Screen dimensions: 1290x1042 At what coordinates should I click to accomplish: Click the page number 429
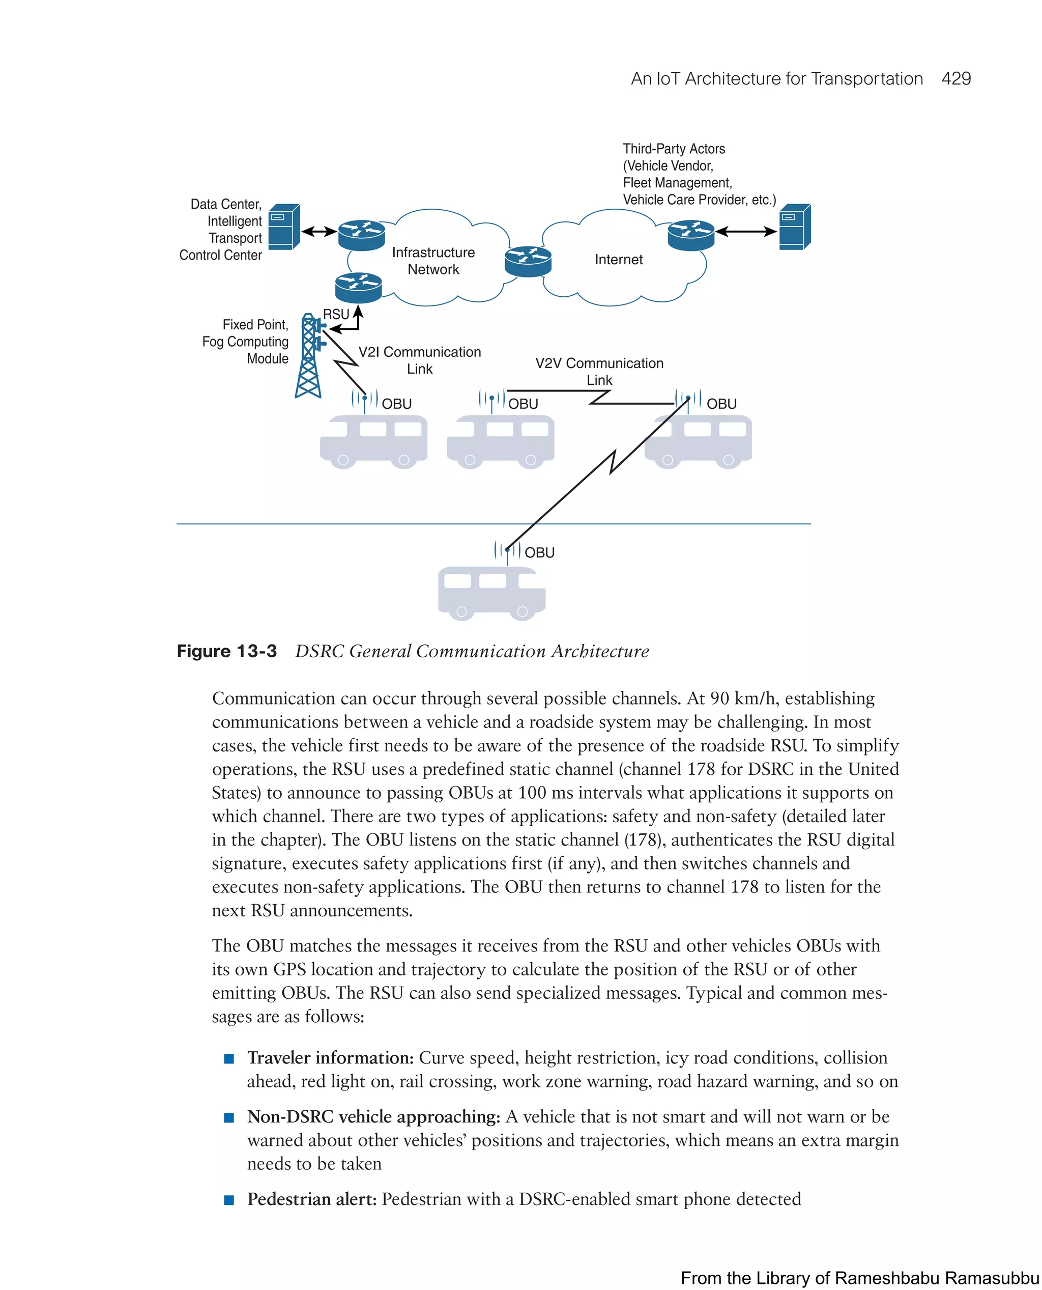956,79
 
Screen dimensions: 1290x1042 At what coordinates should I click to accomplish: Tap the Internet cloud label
618,260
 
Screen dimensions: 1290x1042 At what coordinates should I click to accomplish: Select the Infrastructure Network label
433,261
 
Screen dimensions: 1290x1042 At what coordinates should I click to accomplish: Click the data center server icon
283,227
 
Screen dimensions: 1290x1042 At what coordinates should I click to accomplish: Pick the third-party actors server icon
794,227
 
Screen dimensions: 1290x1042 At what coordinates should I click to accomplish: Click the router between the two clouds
528,261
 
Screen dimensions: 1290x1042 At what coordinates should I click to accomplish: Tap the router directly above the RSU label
358,288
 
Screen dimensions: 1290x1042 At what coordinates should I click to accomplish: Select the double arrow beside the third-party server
746,231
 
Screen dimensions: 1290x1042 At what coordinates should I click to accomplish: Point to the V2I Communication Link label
420,360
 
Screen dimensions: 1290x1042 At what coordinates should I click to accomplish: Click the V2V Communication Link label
599,371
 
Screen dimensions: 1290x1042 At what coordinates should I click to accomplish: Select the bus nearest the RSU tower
373,441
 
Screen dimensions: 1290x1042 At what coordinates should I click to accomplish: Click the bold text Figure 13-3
226,651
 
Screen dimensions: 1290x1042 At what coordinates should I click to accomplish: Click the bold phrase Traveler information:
330,1057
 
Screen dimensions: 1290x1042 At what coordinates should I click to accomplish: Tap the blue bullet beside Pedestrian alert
228,1200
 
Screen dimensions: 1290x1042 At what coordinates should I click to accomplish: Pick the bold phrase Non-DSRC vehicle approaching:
373,1116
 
